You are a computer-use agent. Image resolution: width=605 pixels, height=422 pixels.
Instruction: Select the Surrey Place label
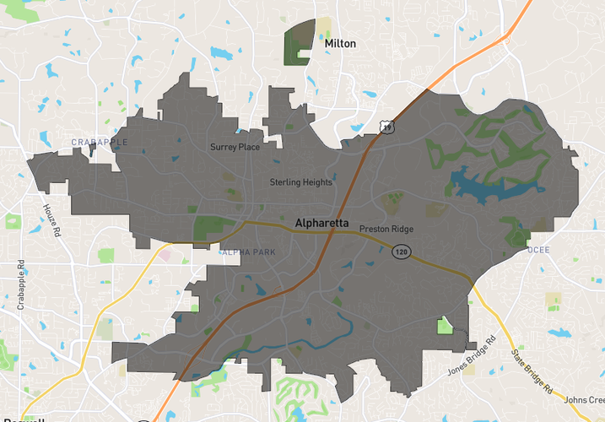(x=235, y=147)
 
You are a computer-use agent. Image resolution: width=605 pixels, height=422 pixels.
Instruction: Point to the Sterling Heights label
(x=301, y=182)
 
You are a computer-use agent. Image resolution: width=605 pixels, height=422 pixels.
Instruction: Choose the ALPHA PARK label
(x=248, y=252)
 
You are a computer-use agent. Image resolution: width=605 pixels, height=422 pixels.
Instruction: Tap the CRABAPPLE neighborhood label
(x=99, y=143)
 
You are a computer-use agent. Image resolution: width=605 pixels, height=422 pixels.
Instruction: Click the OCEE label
(x=537, y=251)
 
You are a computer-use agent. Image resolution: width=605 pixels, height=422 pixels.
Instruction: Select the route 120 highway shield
(x=401, y=252)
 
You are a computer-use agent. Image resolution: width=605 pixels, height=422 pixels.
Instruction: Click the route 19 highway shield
(x=386, y=127)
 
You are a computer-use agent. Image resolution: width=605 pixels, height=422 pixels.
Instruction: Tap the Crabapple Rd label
(x=21, y=286)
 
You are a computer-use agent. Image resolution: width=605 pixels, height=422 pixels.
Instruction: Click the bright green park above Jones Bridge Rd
(x=445, y=326)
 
